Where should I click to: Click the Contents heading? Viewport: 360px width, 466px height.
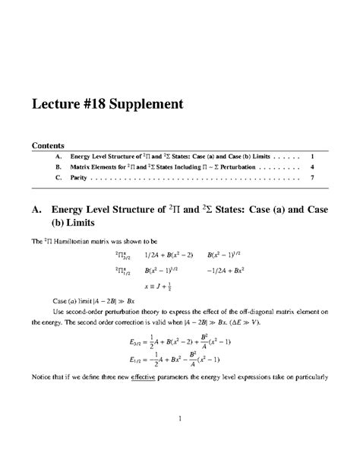tap(47, 144)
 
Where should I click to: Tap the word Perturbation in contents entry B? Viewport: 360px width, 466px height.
tap(231, 166)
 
